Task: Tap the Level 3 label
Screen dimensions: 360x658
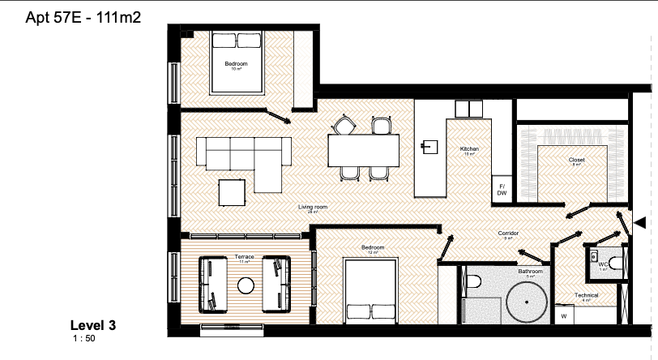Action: pos(93,326)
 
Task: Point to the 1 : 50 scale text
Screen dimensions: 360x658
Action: pos(84,338)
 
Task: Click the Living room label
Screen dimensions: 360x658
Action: pos(312,208)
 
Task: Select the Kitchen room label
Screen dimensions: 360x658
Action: pos(469,149)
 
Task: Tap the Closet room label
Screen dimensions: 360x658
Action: pos(576,161)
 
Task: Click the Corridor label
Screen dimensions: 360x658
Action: pos(508,234)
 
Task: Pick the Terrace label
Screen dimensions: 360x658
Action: pos(244,257)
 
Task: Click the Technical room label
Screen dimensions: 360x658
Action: pos(586,295)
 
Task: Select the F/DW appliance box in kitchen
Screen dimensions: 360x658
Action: pos(501,190)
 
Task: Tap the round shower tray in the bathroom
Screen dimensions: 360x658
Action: pos(528,306)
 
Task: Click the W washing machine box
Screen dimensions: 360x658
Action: pos(563,314)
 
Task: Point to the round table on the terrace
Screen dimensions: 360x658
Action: pos(245,285)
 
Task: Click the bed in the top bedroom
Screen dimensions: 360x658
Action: pos(237,62)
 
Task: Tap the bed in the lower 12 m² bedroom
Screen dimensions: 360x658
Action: pos(370,289)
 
